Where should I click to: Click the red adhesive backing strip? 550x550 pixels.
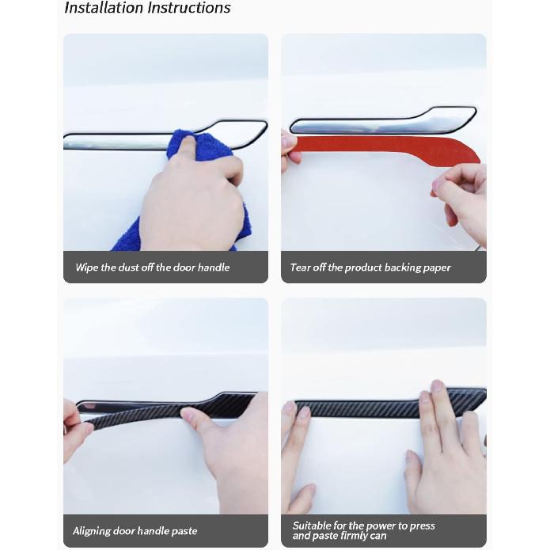point(372,147)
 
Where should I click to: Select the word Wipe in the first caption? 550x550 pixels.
point(86,267)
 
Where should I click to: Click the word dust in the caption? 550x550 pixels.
point(129,267)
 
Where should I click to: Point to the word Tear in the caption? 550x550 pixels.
point(300,267)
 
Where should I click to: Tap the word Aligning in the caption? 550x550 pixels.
point(94,531)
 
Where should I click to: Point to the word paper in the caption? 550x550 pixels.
point(437,267)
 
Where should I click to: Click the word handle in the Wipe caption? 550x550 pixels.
point(213,267)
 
